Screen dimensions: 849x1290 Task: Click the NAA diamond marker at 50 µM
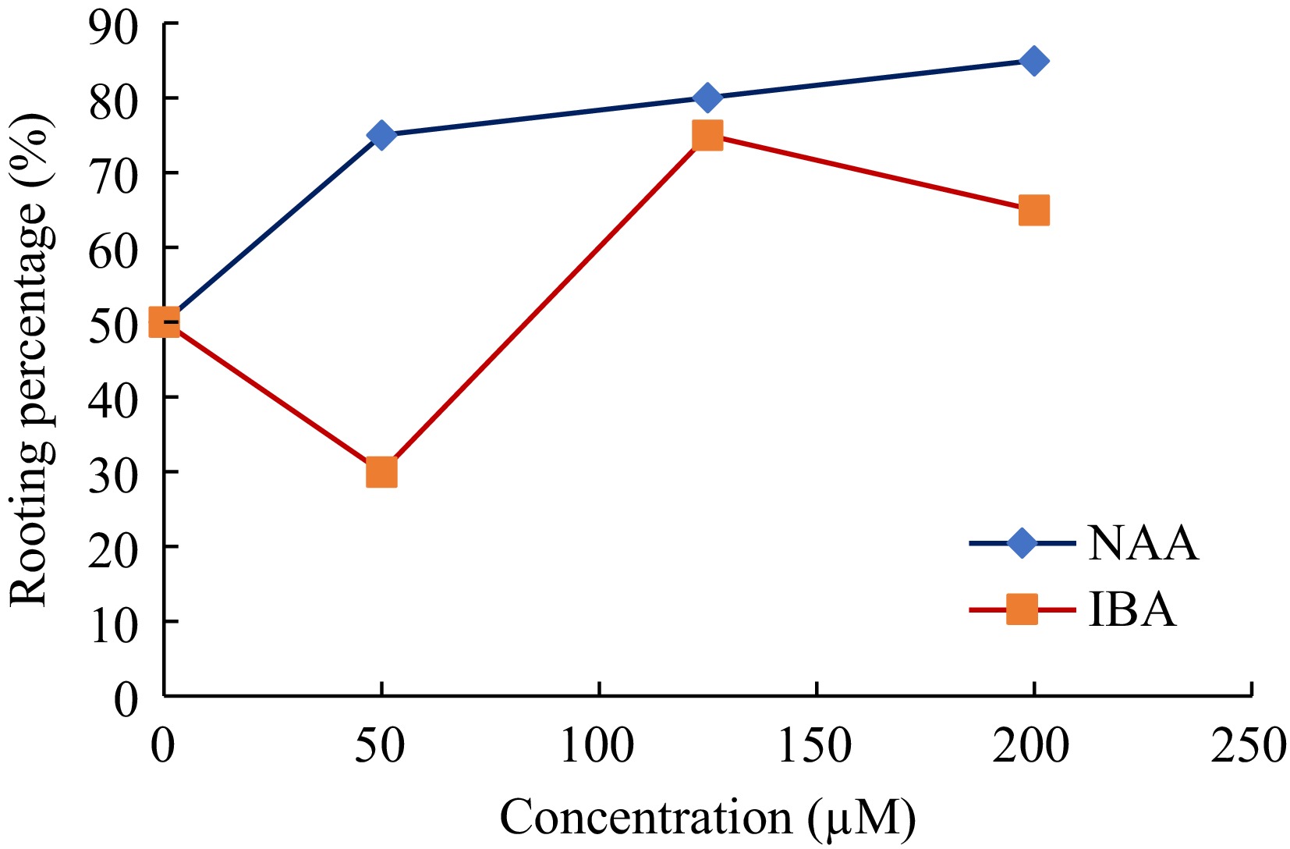pyautogui.click(x=381, y=135)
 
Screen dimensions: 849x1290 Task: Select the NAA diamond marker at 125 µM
pyautogui.click(x=707, y=98)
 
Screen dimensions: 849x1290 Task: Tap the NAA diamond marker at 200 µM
pyautogui.click(x=1033, y=61)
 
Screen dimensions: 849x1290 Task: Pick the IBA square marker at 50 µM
pyautogui.click(x=381, y=472)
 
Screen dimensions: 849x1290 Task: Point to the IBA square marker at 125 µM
pyautogui.click(x=707, y=135)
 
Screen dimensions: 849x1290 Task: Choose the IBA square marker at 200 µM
pyautogui.click(x=1033, y=210)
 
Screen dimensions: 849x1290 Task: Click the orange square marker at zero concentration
pyautogui.click(x=164, y=321)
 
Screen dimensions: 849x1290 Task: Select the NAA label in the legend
pyautogui.click(x=1143, y=543)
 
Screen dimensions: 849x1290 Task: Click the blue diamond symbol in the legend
pyautogui.click(x=1022, y=543)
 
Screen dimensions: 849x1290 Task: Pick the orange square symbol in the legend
pyautogui.click(x=1022, y=609)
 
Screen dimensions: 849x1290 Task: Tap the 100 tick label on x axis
pyautogui.click(x=598, y=746)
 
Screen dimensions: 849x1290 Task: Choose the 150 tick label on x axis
pyautogui.click(x=816, y=746)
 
